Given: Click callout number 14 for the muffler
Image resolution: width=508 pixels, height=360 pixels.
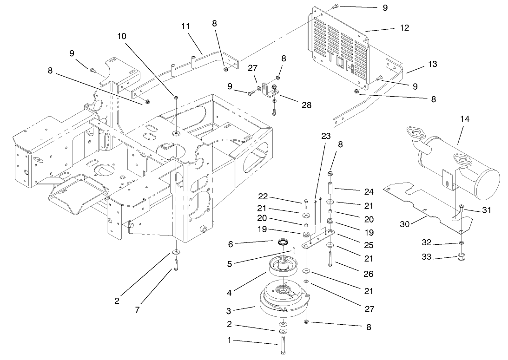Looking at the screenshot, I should click(465, 119).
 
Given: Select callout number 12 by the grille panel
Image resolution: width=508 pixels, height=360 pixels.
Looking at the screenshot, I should click(404, 28).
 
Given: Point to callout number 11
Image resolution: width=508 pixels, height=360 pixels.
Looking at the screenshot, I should click(186, 26).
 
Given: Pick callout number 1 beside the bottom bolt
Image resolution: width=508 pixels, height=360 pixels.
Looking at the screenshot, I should click(228, 341).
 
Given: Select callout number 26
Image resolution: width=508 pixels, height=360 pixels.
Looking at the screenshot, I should click(368, 275).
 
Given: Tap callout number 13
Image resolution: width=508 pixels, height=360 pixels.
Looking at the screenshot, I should click(432, 64).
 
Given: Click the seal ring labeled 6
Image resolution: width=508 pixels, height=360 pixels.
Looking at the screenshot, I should click(282, 242).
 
